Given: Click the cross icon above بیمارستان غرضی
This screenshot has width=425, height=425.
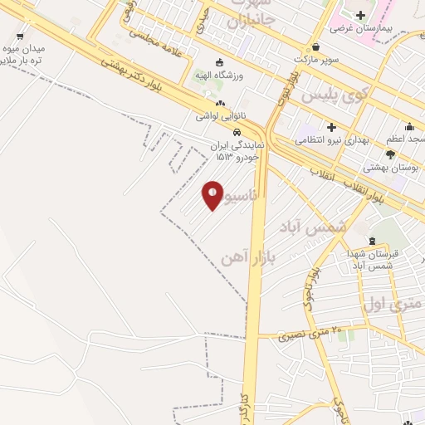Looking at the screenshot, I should pos(359,15).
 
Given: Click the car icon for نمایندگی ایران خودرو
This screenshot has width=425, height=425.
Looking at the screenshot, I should pos(237,132).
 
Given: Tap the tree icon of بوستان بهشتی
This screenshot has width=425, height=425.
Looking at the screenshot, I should pos(390,154).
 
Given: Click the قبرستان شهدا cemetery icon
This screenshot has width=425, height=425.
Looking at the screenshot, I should pos(372,241).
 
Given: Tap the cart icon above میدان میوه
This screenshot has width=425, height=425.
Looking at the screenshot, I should pos(20,37).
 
